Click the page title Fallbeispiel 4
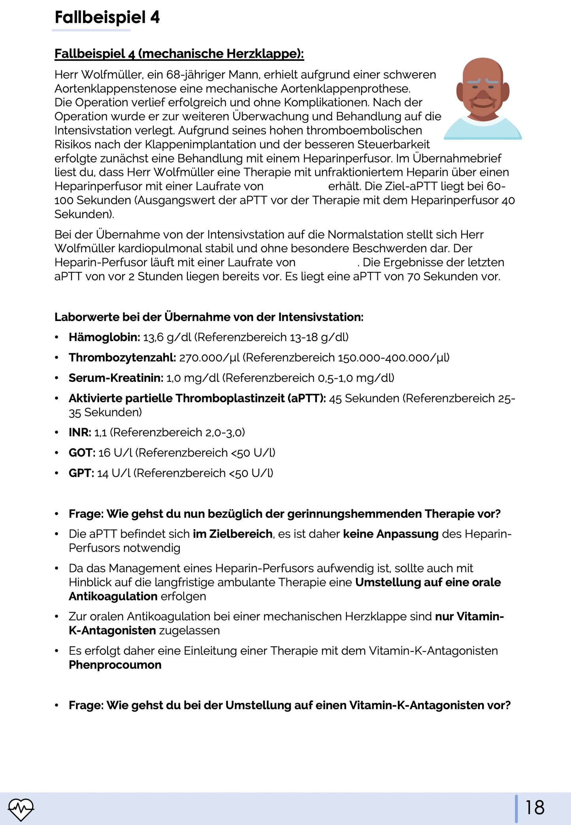[x=107, y=18]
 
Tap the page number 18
[x=535, y=807]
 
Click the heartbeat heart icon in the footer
[x=21, y=809]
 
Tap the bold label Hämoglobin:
[x=104, y=337]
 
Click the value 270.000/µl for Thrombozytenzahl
[x=209, y=358]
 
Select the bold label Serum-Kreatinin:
[x=116, y=378]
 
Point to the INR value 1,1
[x=100, y=432]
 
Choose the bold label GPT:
[x=81, y=473]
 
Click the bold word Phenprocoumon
[x=115, y=665]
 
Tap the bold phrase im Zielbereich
[x=232, y=534]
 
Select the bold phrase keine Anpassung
[x=390, y=534]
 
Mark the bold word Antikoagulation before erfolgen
[x=113, y=596]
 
